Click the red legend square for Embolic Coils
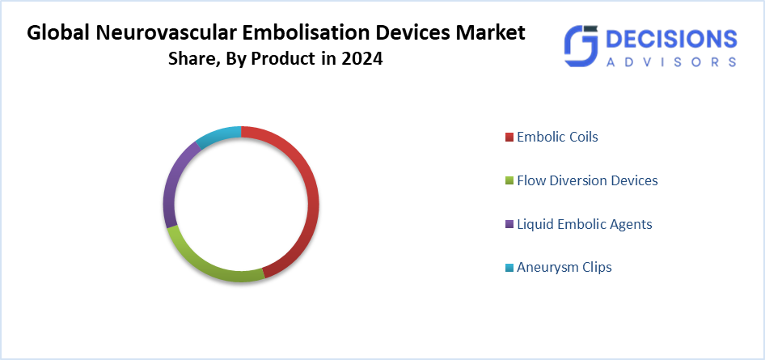[x=509, y=138]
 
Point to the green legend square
[x=509, y=181]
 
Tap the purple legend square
[x=509, y=224]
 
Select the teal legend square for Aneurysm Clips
[x=509, y=268]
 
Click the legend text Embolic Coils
[x=557, y=137]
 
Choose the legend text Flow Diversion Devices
[x=587, y=180]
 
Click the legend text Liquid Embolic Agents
[x=585, y=224]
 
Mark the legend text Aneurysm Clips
[x=564, y=268]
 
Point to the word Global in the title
[x=57, y=33]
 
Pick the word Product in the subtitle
[x=282, y=59]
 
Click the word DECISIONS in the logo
[x=671, y=39]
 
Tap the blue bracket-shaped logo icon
[x=581, y=46]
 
